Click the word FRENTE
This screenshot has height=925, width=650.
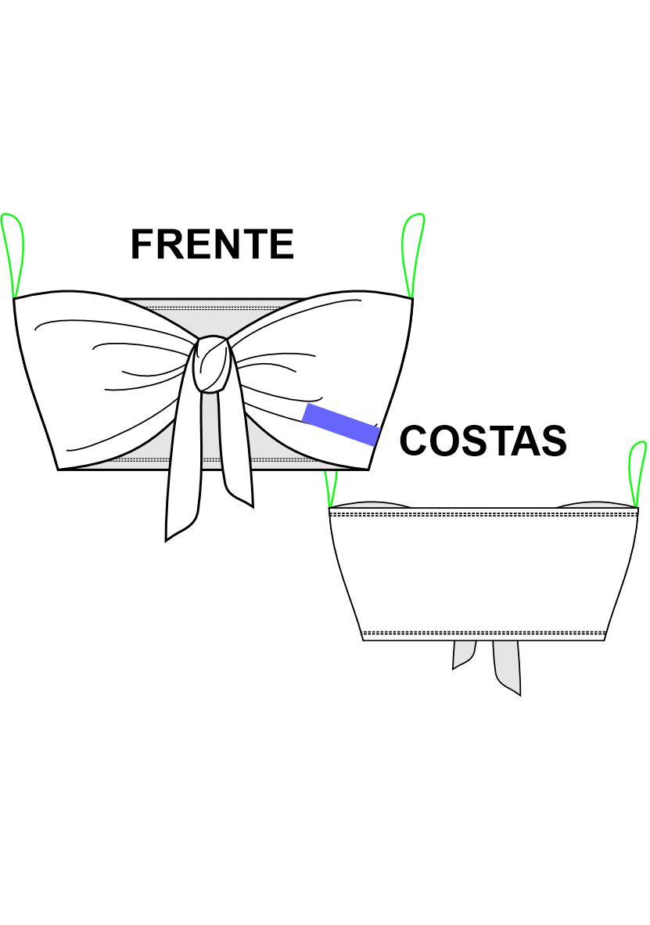click(212, 244)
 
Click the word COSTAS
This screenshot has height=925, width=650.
click(483, 441)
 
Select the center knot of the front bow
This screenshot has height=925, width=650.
click(211, 365)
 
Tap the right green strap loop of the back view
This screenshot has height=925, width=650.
click(637, 473)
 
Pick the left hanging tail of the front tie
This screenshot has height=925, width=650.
click(185, 470)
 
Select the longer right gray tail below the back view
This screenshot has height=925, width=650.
click(508, 665)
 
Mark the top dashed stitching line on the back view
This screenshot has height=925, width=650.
click(483, 515)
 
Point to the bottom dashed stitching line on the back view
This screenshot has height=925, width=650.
click(483, 632)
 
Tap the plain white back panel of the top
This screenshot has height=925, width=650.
click(483, 571)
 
